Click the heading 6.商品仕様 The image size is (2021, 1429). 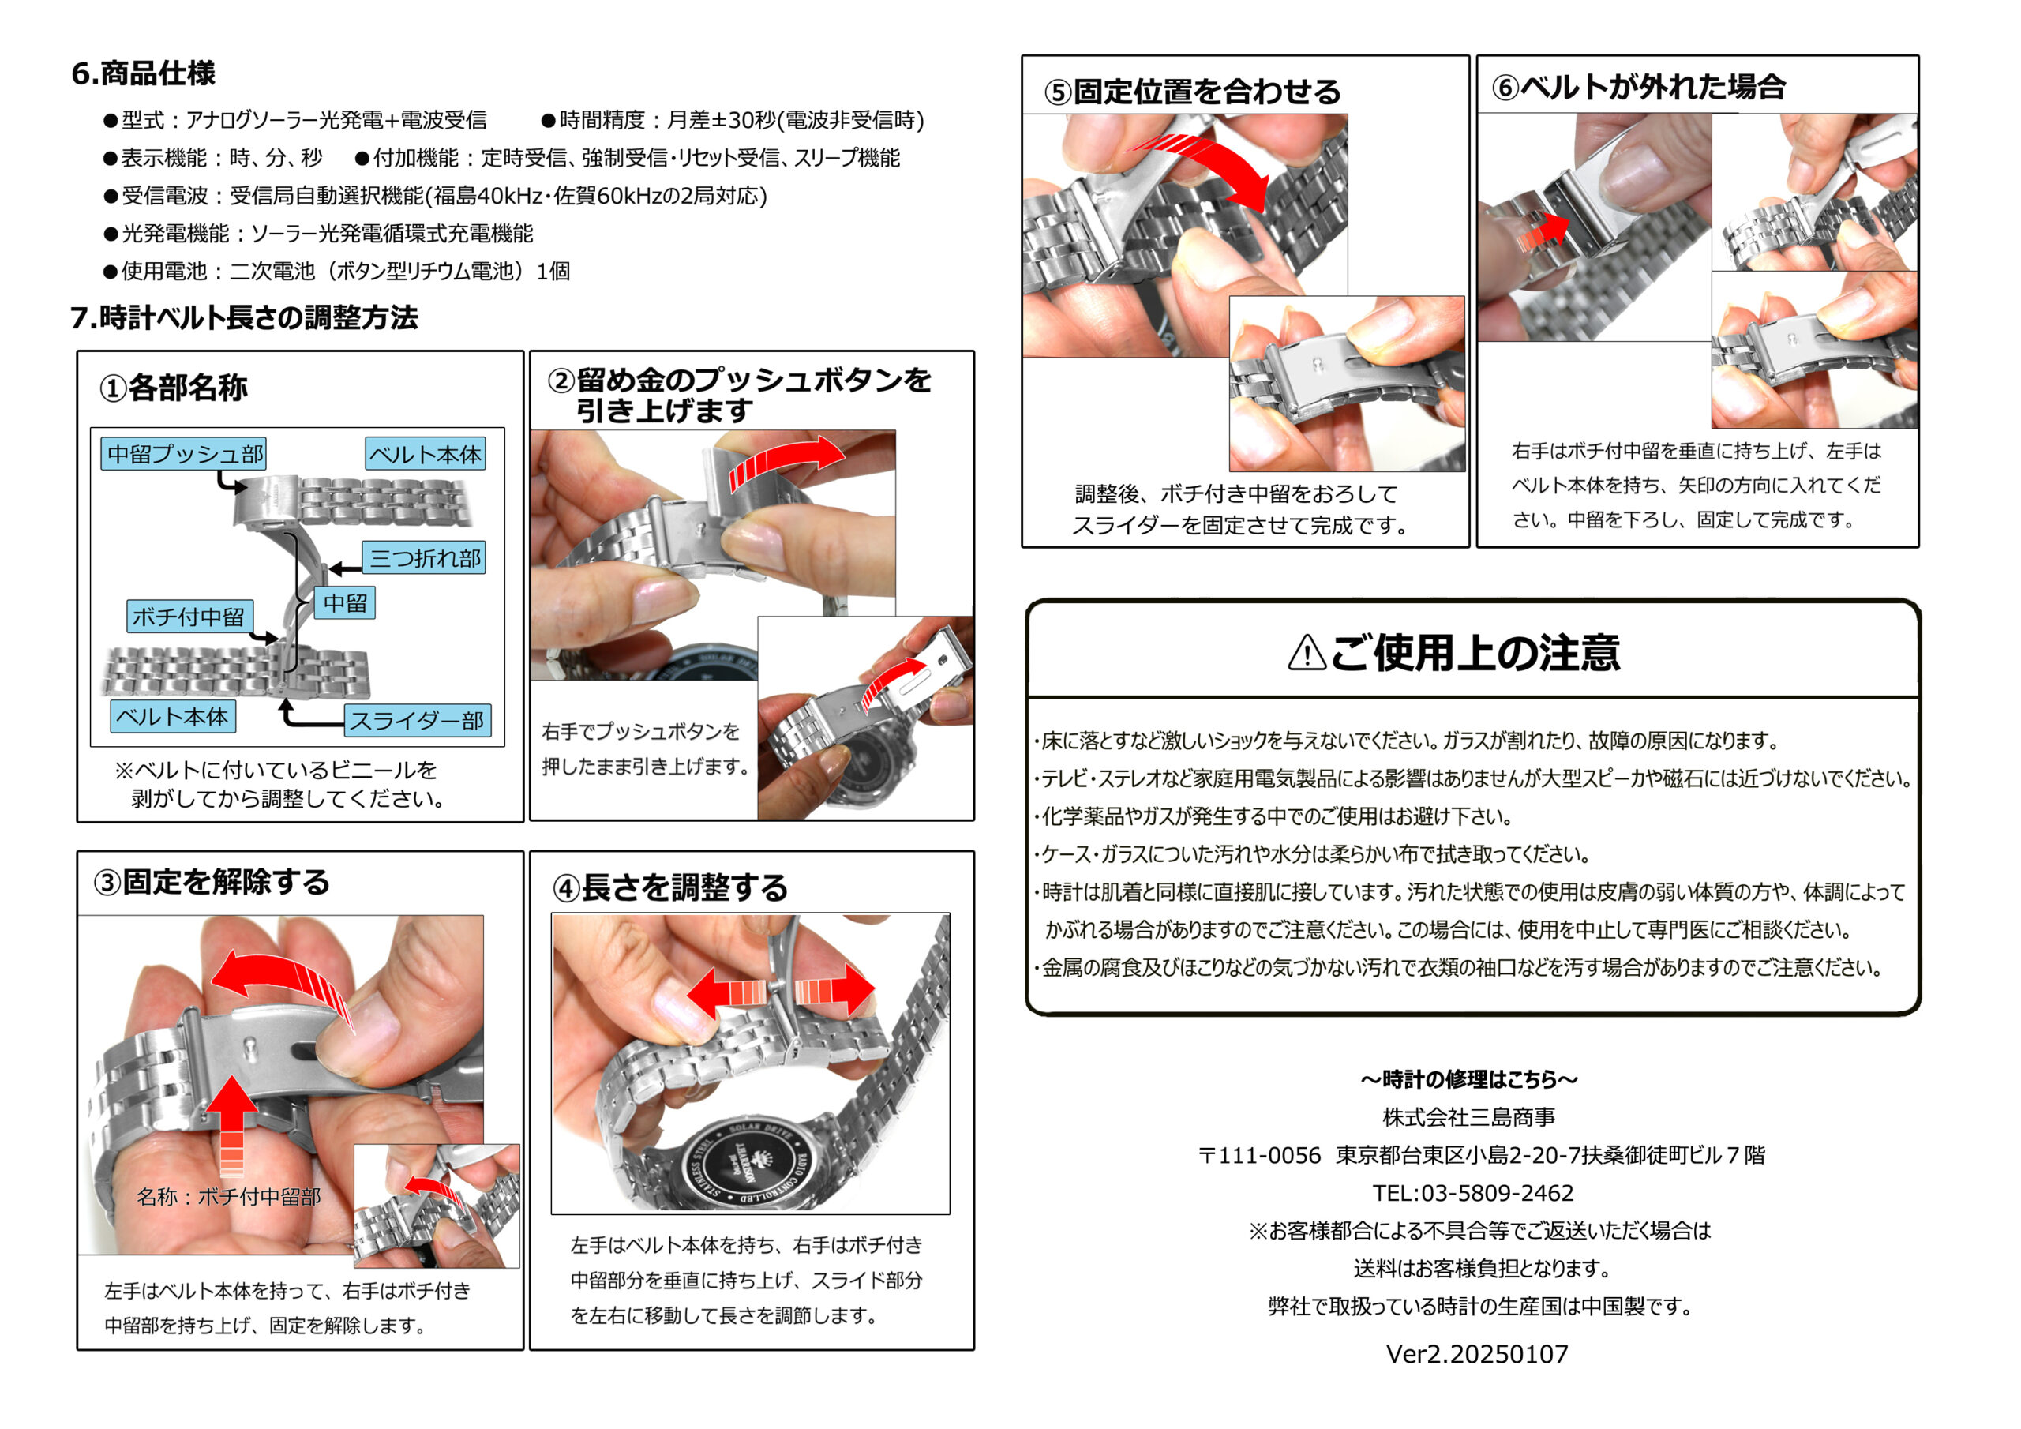tap(144, 73)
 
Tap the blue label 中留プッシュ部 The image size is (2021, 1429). tap(183, 453)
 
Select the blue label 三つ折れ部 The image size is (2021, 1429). tap(424, 557)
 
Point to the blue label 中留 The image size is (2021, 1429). tap(344, 602)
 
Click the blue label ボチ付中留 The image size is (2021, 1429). tap(189, 617)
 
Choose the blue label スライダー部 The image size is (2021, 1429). tap(418, 720)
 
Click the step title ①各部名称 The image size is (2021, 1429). tap(174, 388)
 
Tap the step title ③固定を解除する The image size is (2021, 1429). tap(212, 881)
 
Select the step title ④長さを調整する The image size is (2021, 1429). tap(670, 887)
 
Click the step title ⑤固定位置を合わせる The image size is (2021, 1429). tap(1193, 91)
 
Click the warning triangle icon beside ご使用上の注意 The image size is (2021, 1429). tap(1307, 652)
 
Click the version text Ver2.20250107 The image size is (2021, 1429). tap(1477, 1353)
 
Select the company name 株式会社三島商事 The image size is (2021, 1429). tap(1469, 1116)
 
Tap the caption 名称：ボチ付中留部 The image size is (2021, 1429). tap(228, 1197)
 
